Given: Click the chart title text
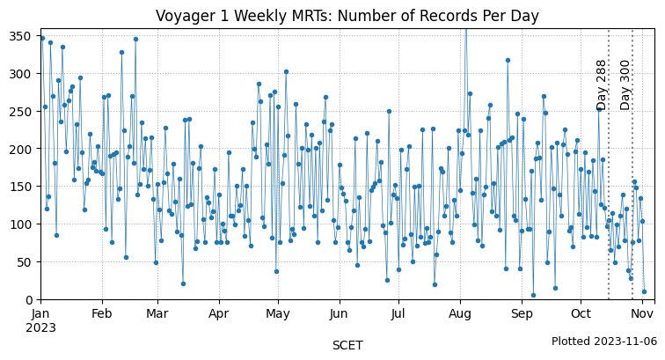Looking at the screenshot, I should coord(347,16).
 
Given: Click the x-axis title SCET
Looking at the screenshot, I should coord(347,346).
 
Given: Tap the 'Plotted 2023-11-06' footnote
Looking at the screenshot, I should coord(603,342).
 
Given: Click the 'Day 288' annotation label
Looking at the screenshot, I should coord(602,84).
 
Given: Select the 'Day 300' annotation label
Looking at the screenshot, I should coord(625,84).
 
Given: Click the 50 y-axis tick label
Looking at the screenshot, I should coord(27,262).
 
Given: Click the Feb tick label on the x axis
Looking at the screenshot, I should coord(102,313).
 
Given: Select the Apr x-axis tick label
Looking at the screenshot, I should coord(218,313).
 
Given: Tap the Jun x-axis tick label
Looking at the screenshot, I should coord(339,313).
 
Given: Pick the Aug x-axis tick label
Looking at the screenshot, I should coord(460,313).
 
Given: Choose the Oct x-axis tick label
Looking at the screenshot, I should coord(581,313).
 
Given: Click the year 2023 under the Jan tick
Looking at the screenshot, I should coord(41,327).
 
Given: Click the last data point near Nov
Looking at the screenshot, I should coord(644,291).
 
